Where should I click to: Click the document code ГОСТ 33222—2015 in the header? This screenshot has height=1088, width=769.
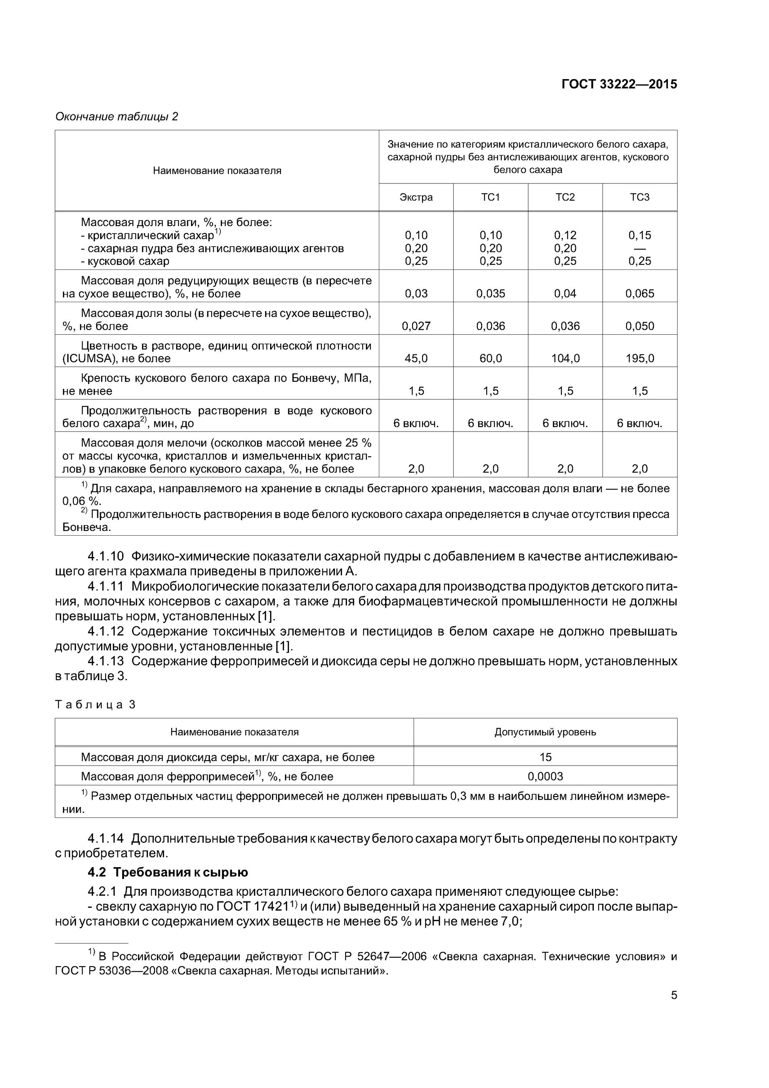point(619,85)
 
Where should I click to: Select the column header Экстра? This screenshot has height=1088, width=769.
point(416,197)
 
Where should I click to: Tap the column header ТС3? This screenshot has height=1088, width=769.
point(640,197)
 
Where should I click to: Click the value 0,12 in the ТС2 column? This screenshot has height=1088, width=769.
point(565,235)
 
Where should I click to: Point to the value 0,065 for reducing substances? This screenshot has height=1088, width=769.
point(640,294)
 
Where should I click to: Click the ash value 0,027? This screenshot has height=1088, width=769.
point(416,326)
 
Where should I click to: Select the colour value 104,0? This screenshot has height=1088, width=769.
point(565,359)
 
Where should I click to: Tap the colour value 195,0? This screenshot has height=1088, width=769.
point(640,359)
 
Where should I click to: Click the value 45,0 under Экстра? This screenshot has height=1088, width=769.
point(416,359)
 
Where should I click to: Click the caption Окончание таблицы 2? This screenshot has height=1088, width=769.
point(116,116)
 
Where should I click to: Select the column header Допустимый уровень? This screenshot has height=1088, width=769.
point(545,732)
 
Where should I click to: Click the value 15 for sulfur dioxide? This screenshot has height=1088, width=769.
point(545,757)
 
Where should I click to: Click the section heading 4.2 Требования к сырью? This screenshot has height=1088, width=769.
point(168,872)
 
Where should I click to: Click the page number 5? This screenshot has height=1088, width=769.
point(674,996)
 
